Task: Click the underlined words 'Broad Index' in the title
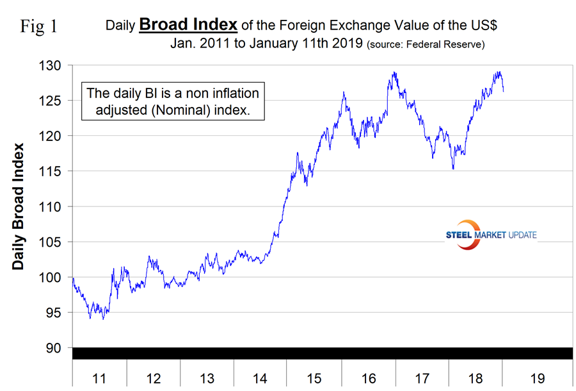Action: click(189, 25)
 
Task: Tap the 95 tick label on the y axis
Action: click(54, 313)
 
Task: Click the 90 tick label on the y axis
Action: click(54, 348)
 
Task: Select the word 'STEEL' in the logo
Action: click(459, 235)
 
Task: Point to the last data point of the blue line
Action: click(503, 91)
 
